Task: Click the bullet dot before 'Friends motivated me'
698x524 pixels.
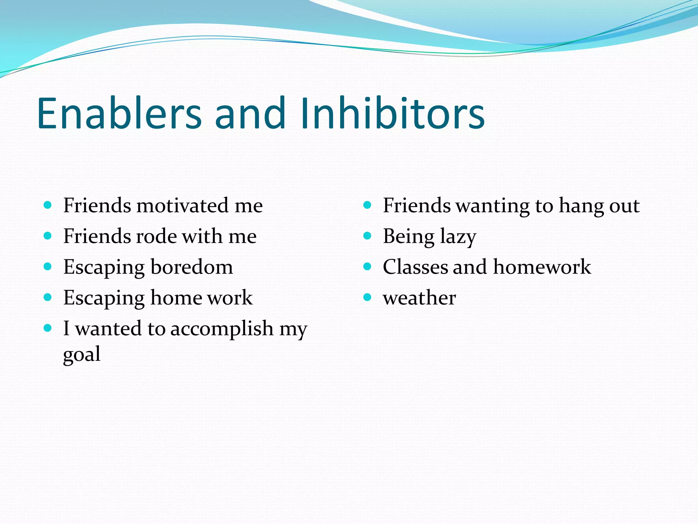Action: pyautogui.click(x=48, y=205)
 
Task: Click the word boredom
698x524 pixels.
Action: pyautogui.click(x=192, y=267)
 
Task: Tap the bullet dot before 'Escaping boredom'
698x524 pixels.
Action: pyautogui.click(x=48, y=266)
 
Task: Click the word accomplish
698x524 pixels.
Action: pyautogui.click(x=222, y=329)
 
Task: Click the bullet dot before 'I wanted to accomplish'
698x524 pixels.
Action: pyautogui.click(x=48, y=328)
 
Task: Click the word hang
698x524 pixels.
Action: pyautogui.click(x=581, y=206)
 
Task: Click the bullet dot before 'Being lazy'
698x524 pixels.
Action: pyautogui.click(x=367, y=236)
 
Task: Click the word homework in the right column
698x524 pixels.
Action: pyautogui.click(x=542, y=267)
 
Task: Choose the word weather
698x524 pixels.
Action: pyautogui.click(x=419, y=298)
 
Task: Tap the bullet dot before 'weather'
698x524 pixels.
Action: pyautogui.click(x=367, y=297)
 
